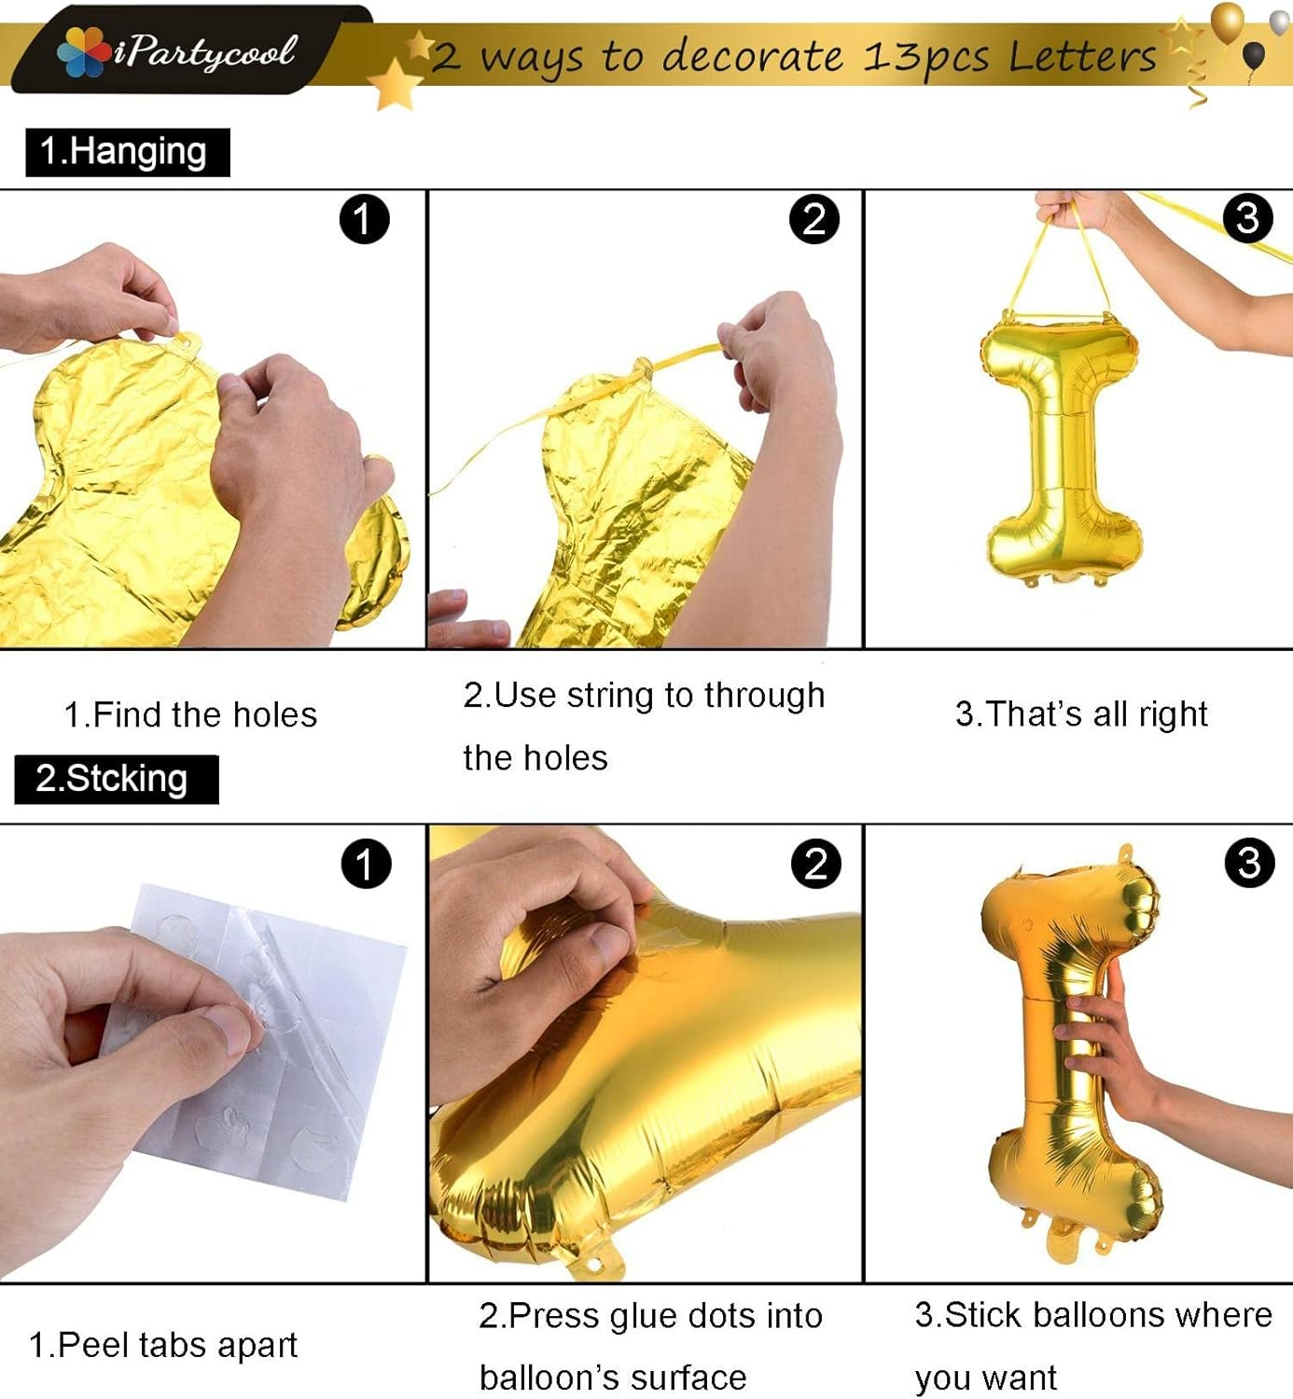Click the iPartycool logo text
point(205,52)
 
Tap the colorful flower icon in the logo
point(83,52)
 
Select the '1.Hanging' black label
point(127,152)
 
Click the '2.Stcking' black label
point(116,779)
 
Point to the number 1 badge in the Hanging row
point(364,219)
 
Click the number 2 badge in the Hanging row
point(813,219)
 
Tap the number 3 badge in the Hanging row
point(1247,218)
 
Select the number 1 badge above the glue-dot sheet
point(365,864)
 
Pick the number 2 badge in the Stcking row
point(815,864)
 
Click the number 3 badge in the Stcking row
point(1249,864)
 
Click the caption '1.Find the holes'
point(190,715)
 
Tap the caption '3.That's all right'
point(1081,714)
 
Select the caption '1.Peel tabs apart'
point(163,1345)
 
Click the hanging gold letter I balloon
point(1061,448)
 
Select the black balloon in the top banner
point(1255,55)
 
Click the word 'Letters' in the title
point(1083,57)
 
